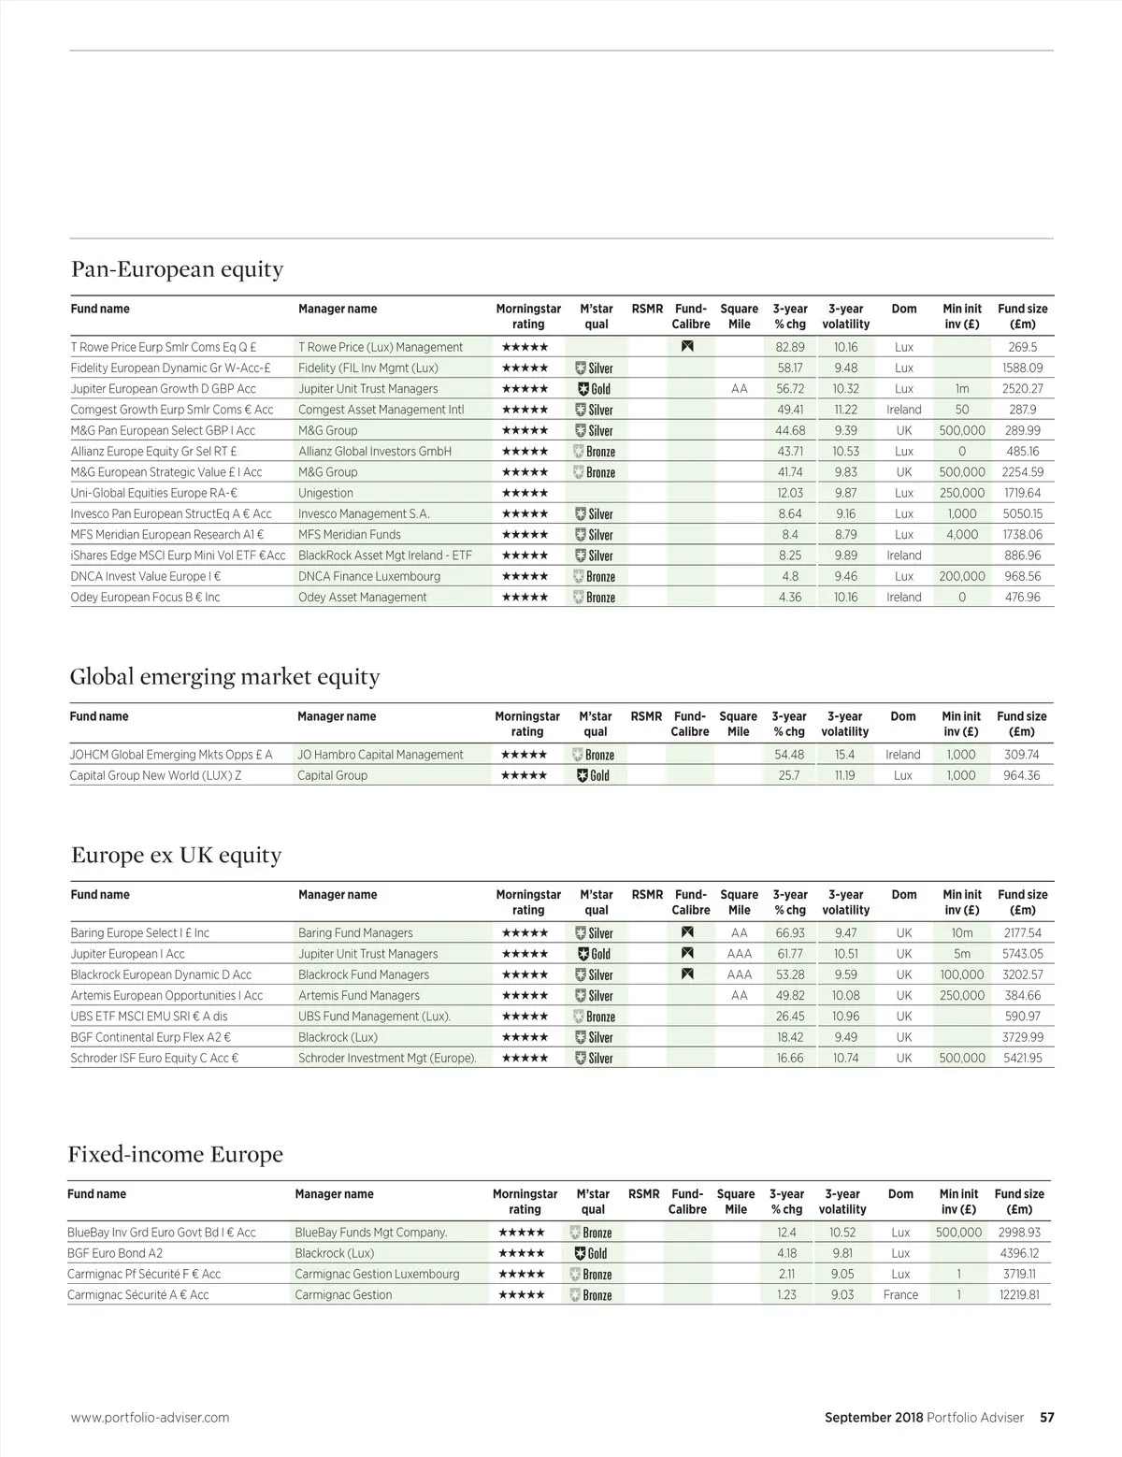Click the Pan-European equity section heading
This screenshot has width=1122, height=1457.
tap(177, 269)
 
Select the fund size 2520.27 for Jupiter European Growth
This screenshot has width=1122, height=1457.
tap(1022, 389)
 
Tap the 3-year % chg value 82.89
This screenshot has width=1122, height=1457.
tap(790, 347)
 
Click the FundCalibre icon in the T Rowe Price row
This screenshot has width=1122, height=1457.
tap(688, 347)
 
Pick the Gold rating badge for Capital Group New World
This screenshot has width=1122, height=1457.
tap(594, 775)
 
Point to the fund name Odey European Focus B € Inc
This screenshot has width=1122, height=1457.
tap(145, 598)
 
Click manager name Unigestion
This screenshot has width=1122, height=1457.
tap(325, 493)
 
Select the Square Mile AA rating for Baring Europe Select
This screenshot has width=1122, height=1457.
tap(739, 933)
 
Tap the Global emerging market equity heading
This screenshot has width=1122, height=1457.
tap(224, 677)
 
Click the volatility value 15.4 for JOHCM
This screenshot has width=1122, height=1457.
tap(844, 755)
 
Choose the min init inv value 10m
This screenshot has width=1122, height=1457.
tap(961, 933)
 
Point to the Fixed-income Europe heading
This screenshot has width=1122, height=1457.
tap(175, 1155)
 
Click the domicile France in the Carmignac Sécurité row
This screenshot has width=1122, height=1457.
tap(900, 1295)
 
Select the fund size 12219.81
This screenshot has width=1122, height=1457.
tap(1019, 1295)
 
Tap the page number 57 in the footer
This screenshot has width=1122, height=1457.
tap(1047, 1418)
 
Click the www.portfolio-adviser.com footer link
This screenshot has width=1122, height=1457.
tap(150, 1418)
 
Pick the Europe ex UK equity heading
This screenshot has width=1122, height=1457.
tap(176, 856)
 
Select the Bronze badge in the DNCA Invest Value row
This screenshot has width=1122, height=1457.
tap(595, 577)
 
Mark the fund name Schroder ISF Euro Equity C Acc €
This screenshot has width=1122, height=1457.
tap(154, 1059)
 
